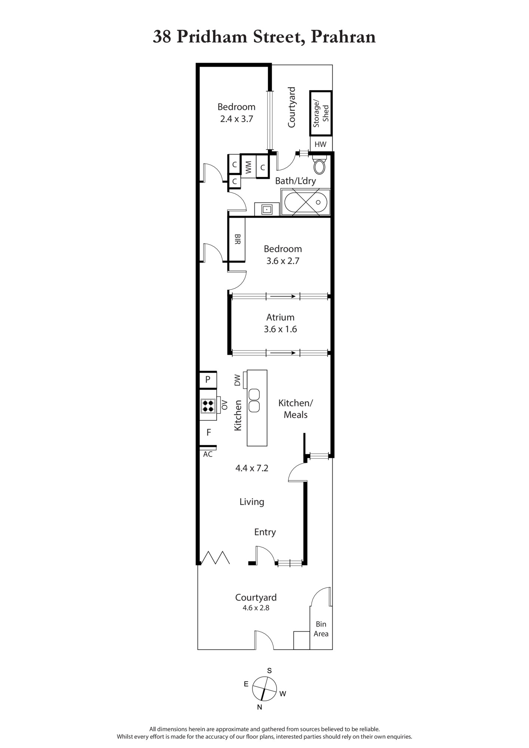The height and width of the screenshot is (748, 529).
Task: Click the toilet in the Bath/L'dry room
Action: tap(319, 165)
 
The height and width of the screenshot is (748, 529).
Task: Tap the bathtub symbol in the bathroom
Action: tap(306, 202)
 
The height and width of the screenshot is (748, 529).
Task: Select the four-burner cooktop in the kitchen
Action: tap(208, 406)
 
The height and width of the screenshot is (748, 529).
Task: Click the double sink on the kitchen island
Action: tap(254, 401)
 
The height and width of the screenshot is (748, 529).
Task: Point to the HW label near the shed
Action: tap(321, 144)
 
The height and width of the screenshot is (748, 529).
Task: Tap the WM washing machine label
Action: tap(248, 168)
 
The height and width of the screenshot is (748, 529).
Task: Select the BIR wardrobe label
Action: tap(237, 239)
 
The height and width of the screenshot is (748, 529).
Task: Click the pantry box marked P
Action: tap(208, 380)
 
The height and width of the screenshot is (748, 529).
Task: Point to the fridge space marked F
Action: tap(209, 432)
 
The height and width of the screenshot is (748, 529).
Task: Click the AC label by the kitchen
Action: tap(208, 454)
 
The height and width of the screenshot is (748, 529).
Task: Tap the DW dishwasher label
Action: tap(237, 380)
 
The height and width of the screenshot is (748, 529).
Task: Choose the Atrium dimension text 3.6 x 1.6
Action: tap(280, 329)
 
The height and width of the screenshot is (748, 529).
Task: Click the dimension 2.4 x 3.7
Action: tap(236, 119)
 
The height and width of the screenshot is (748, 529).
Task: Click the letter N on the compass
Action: tap(259, 707)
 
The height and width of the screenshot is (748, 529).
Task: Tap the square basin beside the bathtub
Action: tap(267, 209)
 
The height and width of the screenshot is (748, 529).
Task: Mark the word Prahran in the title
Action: tap(343, 37)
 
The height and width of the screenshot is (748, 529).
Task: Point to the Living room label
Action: tap(252, 502)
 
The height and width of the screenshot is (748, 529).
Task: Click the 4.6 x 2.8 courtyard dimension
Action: tap(256, 608)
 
